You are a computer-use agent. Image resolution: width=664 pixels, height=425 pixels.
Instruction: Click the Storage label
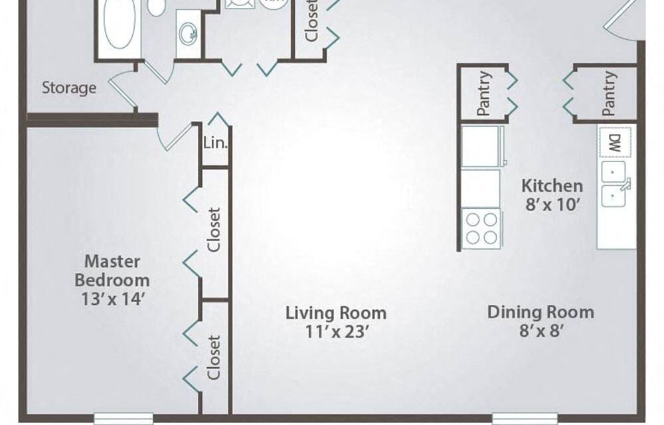(x=69, y=88)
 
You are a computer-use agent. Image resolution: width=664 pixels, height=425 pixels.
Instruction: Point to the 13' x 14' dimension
(x=112, y=299)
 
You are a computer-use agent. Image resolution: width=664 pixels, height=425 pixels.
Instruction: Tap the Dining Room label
(x=540, y=312)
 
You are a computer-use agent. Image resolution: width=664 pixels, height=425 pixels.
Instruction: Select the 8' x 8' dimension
(x=540, y=331)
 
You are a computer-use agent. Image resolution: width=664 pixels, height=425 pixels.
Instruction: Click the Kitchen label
(x=552, y=186)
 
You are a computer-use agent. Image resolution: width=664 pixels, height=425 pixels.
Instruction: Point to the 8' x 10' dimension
(x=552, y=205)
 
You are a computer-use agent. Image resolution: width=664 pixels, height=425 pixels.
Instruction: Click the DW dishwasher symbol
(x=615, y=141)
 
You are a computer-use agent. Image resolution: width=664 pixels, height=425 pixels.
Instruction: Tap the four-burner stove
(x=480, y=228)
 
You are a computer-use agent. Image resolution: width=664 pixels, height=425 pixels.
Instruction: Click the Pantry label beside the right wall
(x=610, y=94)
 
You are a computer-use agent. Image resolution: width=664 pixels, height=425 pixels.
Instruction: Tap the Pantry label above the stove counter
(x=484, y=94)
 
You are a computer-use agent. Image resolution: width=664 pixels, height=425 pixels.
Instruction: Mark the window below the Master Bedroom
(x=124, y=419)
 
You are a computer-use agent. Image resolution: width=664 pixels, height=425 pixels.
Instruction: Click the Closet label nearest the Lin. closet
(x=214, y=230)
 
